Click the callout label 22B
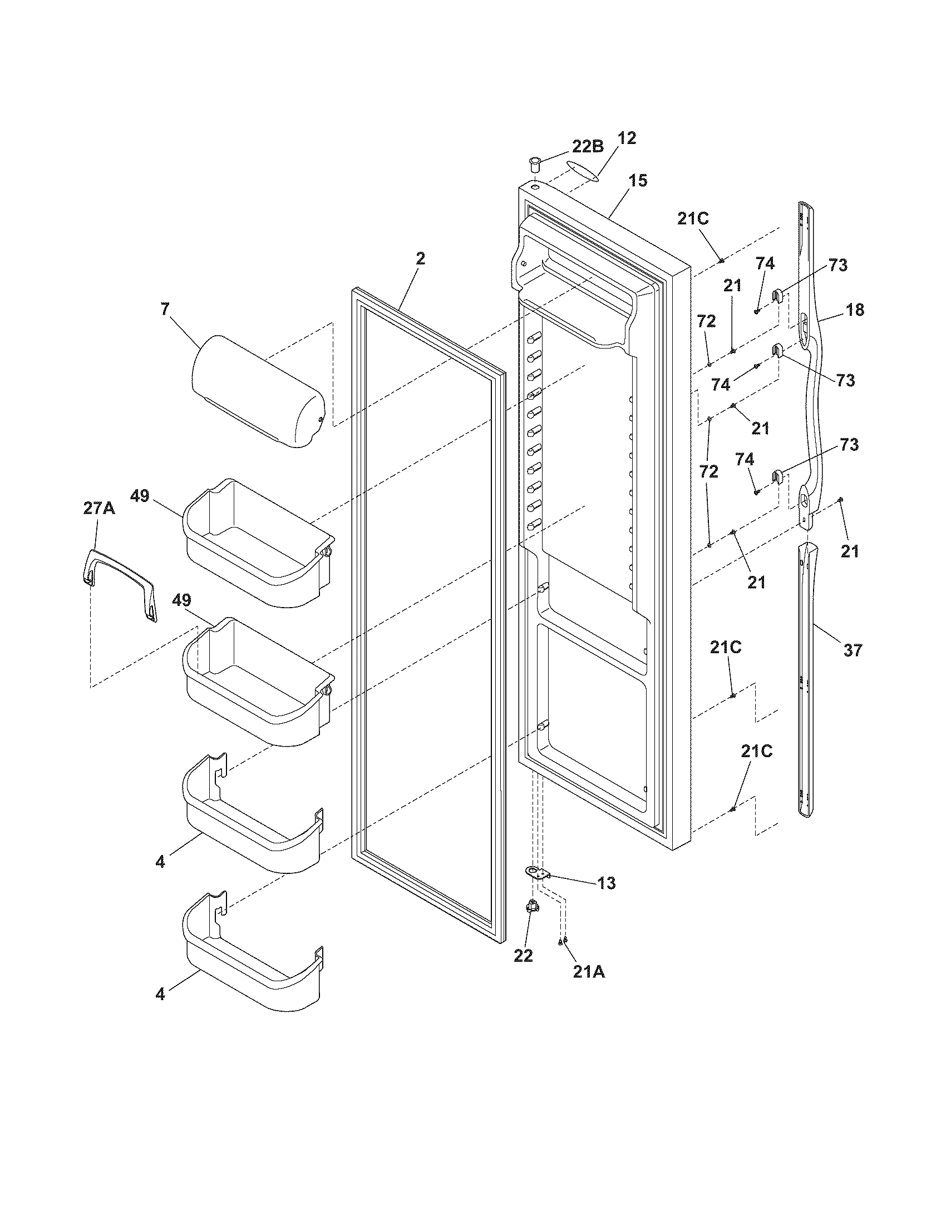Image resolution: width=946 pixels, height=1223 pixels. tap(587, 147)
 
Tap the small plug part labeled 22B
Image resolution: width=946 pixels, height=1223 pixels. tap(535, 166)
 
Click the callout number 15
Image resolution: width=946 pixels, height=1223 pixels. tap(637, 181)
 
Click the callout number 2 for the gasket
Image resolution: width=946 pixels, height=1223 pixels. tap(420, 258)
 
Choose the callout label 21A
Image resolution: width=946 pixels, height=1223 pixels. tap(588, 973)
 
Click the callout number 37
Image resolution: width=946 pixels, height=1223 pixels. tap(853, 650)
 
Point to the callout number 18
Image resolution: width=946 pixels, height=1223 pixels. tap(855, 310)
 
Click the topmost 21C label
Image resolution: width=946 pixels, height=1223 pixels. tap(693, 219)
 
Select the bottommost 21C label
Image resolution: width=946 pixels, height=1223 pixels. tap(757, 752)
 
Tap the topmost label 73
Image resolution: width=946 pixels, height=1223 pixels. tap(838, 265)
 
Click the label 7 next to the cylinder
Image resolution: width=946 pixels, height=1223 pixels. tap(165, 309)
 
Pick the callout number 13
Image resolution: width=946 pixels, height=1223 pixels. tap(607, 883)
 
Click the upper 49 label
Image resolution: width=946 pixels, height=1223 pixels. tap(140, 495)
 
